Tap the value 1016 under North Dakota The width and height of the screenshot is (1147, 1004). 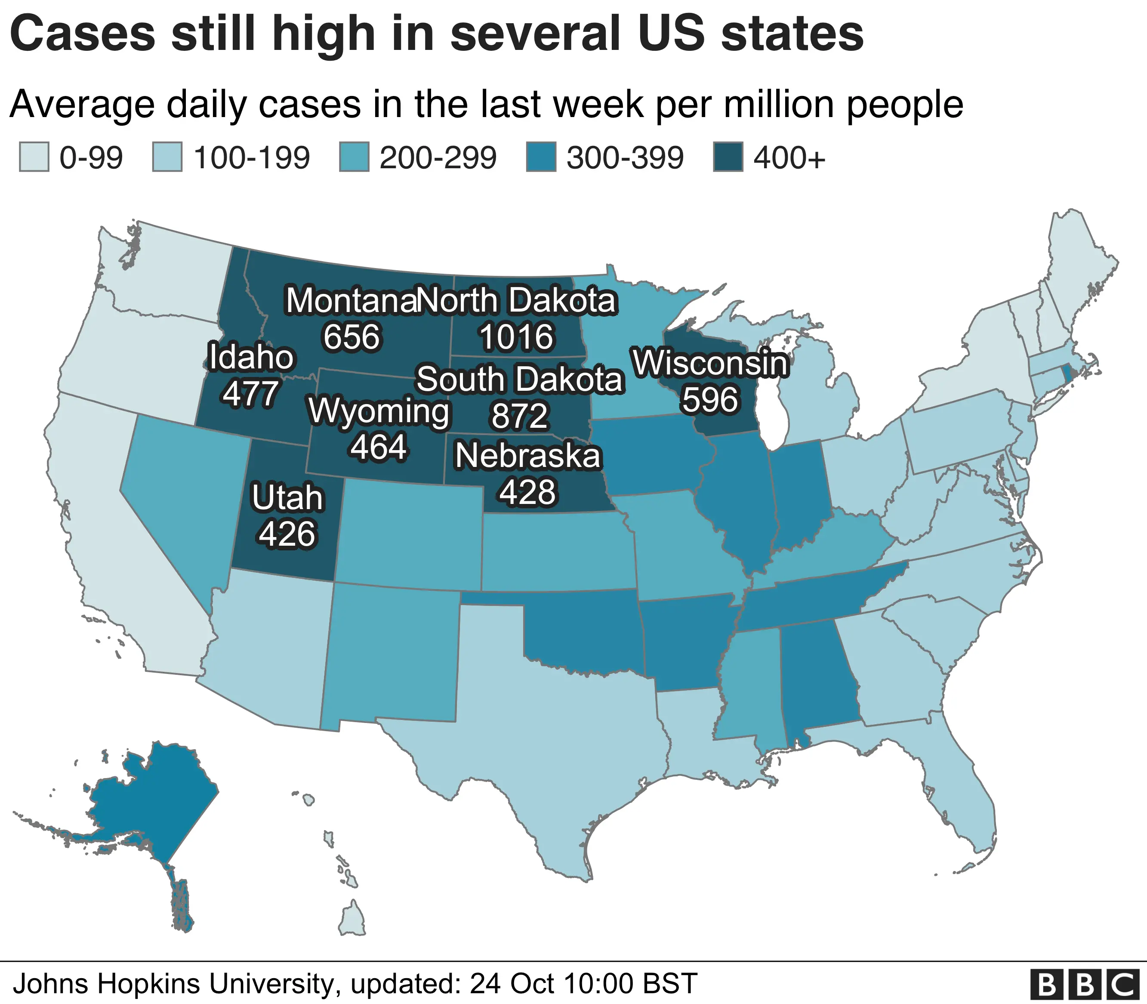coord(516,337)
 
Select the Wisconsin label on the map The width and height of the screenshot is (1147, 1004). coord(710,362)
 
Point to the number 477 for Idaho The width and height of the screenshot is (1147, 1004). coord(250,393)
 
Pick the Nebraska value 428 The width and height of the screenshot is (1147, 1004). coord(527,491)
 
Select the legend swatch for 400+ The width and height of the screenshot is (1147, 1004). coord(728,158)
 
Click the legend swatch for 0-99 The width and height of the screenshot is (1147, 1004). coord(34,158)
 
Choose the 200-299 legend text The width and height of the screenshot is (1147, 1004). coord(438,158)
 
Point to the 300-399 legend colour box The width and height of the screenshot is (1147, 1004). coord(541,158)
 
